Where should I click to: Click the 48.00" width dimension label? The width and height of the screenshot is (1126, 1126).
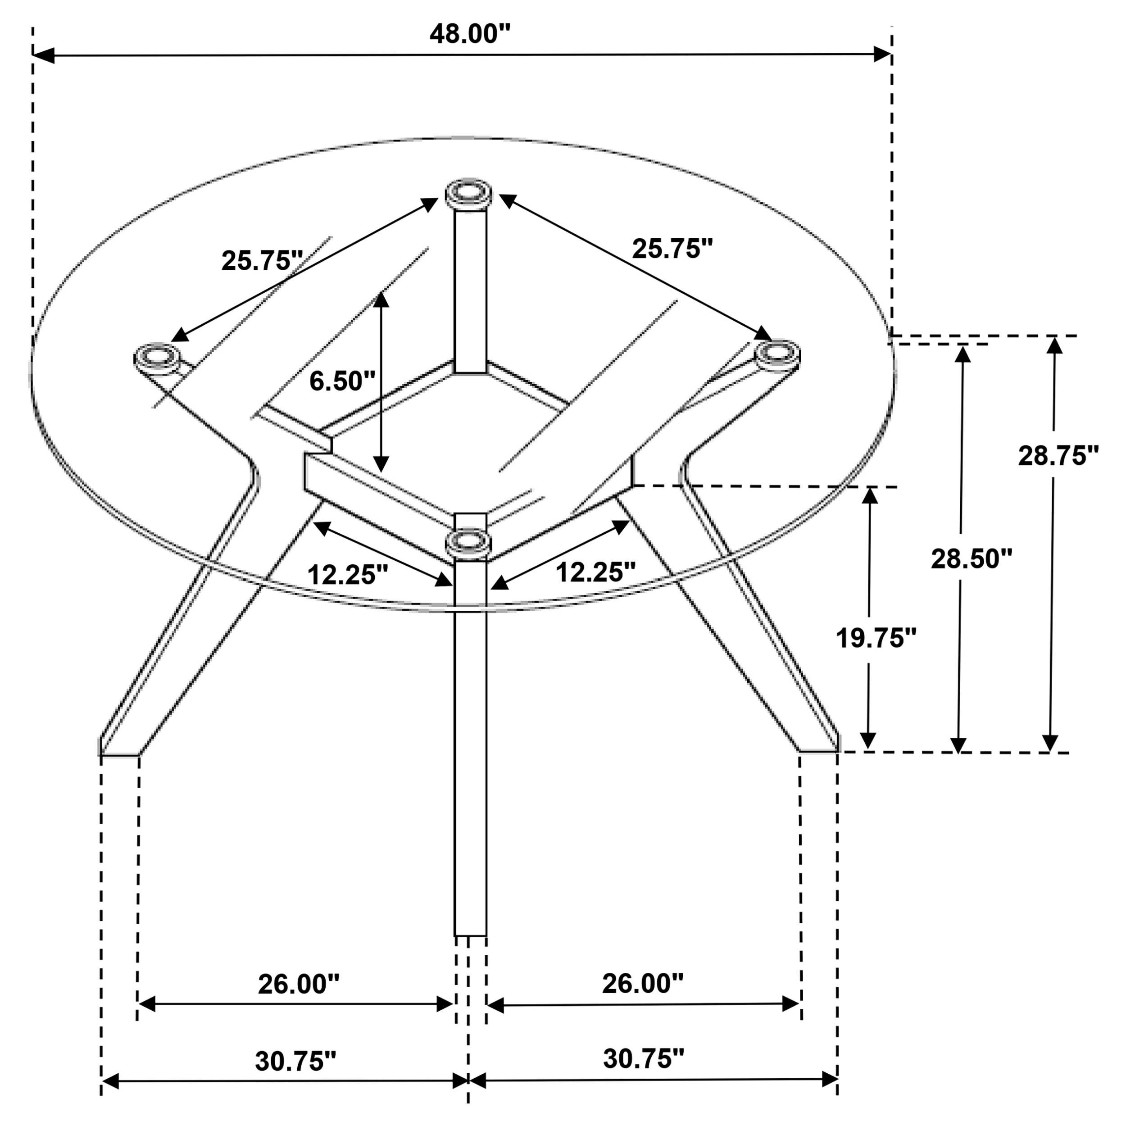click(470, 34)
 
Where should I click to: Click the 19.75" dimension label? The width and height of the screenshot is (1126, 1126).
click(876, 638)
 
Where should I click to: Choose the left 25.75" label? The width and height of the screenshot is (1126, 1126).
click(262, 260)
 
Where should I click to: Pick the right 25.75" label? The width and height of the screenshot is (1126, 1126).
click(672, 249)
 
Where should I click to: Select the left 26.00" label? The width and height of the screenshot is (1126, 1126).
click(299, 985)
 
